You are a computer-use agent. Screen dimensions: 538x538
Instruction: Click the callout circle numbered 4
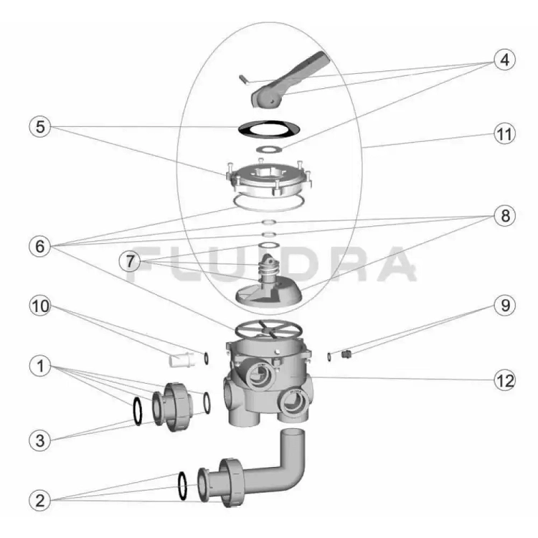tap(504, 60)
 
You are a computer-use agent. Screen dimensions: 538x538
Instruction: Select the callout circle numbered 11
tap(504, 134)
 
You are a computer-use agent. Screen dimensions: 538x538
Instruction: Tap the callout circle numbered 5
tap(40, 126)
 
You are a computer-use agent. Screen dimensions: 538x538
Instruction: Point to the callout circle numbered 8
tap(505, 216)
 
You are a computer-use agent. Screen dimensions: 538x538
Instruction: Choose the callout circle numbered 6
tap(40, 246)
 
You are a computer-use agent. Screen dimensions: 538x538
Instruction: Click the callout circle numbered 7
tap(130, 261)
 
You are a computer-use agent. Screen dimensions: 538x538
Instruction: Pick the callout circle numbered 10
tap(40, 306)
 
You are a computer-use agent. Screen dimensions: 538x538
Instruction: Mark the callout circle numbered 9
tap(505, 305)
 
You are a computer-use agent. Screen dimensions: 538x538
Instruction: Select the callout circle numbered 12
tap(505, 380)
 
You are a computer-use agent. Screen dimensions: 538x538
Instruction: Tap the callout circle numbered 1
tap(40, 366)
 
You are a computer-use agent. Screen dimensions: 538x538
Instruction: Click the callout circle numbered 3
tap(40, 440)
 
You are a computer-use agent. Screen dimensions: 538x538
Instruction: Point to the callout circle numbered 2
tap(40, 501)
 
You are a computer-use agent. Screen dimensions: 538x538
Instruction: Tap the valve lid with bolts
tap(269, 179)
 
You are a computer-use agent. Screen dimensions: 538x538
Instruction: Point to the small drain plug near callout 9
tap(346, 354)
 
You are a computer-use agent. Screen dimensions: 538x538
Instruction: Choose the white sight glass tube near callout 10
tap(182, 359)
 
